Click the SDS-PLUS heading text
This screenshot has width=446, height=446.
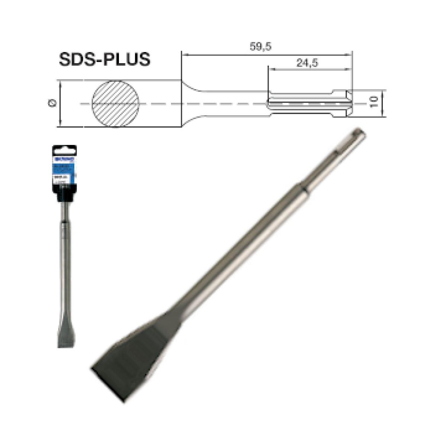(x=104, y=59)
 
